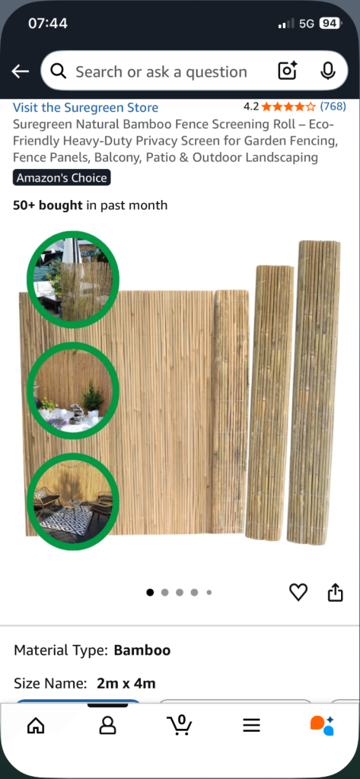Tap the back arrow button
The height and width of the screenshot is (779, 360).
tap(21, 72)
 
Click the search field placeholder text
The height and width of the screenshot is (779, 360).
tap(161, 72)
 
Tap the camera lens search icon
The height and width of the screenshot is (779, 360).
tap(287, 72)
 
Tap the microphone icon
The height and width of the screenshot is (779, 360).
tap(328, 72)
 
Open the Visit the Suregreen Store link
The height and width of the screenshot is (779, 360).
tap(86, 107)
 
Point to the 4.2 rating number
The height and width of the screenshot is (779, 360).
tap(251, 107)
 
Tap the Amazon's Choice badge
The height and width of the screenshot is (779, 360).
tap(62, 178)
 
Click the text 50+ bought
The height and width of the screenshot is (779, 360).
tap(47, 205)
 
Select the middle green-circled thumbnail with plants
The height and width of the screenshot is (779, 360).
tap(73, 389)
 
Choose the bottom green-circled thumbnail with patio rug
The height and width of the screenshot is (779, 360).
tap(73, 502)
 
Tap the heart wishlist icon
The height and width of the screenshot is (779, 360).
tap(298, 592)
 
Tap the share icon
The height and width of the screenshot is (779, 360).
tap(335, 592)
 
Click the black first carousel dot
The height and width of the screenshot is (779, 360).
tap(150, 592)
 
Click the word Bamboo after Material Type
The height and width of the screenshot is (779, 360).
tap(142, 650)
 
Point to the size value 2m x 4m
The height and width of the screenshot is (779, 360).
tap(126, 683)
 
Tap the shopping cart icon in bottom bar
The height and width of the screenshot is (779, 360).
tap(180, 725)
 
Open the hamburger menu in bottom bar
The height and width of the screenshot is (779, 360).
tap(251, 726)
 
